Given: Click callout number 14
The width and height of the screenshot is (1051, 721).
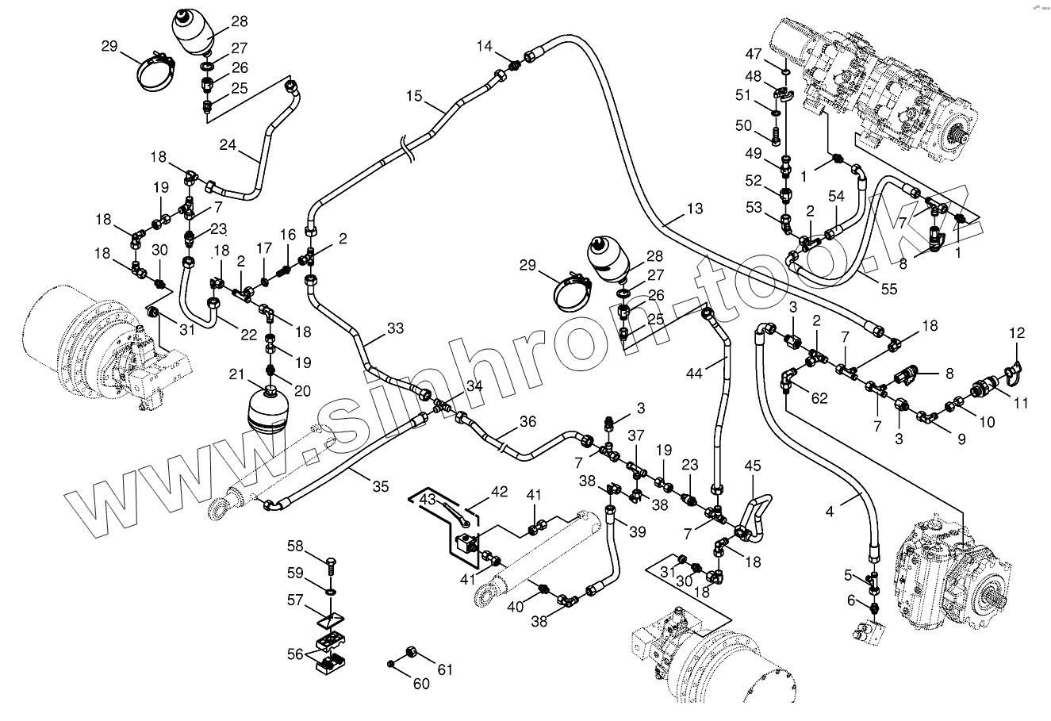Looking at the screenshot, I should [x=484, y=48].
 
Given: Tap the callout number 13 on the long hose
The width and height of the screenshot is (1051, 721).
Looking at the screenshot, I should [x=694, y=209].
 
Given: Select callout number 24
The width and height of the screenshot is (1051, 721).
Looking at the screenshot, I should [x=228, y=144].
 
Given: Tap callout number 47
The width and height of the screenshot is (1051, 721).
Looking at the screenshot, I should [x=753, y=54].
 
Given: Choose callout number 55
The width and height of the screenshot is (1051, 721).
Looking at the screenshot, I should [x=888, y=290].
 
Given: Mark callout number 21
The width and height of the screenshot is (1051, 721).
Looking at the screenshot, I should [x=236, y=374].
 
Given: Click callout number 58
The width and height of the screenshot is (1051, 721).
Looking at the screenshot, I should [x=295, y=546].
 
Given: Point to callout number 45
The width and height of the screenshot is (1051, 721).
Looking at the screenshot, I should [x=752, y=466].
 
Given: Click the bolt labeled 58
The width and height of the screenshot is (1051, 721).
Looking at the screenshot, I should [x=331, y=568].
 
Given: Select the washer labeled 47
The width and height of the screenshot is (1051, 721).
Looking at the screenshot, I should [x=784, y=72].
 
